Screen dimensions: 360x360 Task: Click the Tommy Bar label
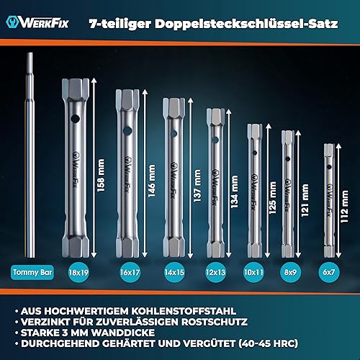click(32, 272)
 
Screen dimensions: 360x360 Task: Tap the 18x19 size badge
click(78, 272)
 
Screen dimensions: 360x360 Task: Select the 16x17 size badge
click(130, 272)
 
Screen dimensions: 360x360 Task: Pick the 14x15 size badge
click(174, 272)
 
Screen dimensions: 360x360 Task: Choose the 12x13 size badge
click(215, 272)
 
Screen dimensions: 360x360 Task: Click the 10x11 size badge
click(253, 272)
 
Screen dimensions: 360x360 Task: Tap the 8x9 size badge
click(290, 272)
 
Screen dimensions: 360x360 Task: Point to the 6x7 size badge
click(328, 272)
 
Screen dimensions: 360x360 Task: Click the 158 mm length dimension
click(101, 175)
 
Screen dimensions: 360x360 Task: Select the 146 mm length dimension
click(151, 181)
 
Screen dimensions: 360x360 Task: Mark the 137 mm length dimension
click(197, 186)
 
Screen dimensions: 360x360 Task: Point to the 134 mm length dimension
click(234, 192)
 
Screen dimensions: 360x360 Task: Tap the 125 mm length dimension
click(272, 198)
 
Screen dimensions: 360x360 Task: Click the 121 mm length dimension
click(305, 200)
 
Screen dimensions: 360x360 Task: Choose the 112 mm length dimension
click(344, 207)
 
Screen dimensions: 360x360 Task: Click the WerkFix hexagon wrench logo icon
click(12, 22)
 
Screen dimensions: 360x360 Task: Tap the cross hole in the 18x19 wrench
click(76, 119)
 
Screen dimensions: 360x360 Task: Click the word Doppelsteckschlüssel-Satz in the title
click(246, 24)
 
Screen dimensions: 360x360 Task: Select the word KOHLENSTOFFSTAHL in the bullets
click(184, 311)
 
